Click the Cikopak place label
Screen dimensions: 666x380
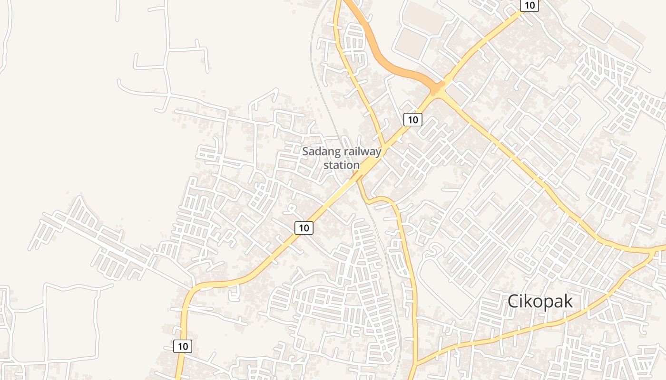(x=540, y=301)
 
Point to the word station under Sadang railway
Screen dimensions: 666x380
(x=342, y=165)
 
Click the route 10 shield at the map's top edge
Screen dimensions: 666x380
(x=529, y=5)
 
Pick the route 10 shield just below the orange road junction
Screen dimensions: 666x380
(x=412, y=120)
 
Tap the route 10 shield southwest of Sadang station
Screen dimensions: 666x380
(x=304, y=228)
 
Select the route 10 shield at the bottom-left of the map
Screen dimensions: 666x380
(x=183, y=346)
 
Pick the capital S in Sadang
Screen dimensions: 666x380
(x=306, y=152)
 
